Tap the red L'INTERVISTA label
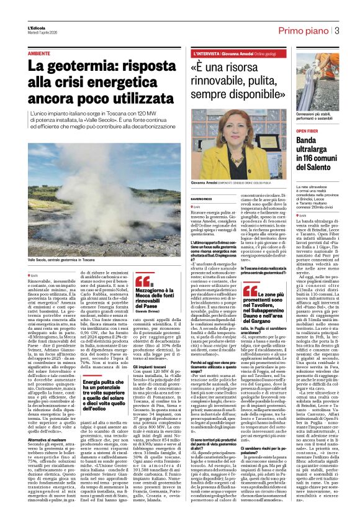[214, 54]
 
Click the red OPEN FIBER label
[325, 132]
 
